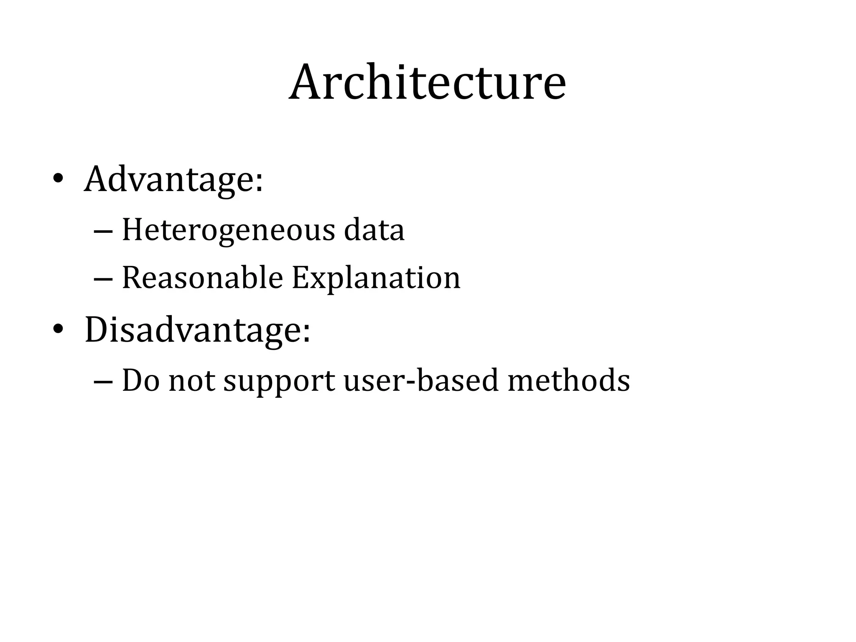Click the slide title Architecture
click(427, 82)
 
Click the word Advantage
click(169, 180)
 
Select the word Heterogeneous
click(228, 230)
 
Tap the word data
click(374, 230)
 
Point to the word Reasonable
click(202, 278)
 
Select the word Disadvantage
click(193, 330)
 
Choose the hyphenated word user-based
click(421, 381)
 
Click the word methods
click(568, 381)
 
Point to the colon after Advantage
click(259, 183)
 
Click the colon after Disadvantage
click(306, 334)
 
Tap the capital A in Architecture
click(309, 82)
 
